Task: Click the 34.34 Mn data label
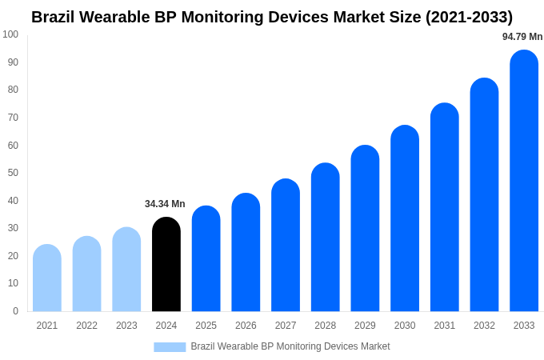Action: click(x=165, y=204)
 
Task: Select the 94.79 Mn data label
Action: click(x=522, y=37)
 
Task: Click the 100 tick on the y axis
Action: click(x=10, y=34)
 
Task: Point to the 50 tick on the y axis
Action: click(x=13, y=173)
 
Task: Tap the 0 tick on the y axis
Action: click(x=15, y=311)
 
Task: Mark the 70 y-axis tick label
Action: click(x=13, y=118)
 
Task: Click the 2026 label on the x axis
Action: click(x=246, y=326)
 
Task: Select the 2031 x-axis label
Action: click(x=445, y=326)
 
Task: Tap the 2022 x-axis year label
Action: click(x=86, y=326)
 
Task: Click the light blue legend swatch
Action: click(x=170, y=347)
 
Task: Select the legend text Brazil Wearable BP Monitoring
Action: click(x=290, y=346)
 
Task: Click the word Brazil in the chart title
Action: click(x=54, y=17)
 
